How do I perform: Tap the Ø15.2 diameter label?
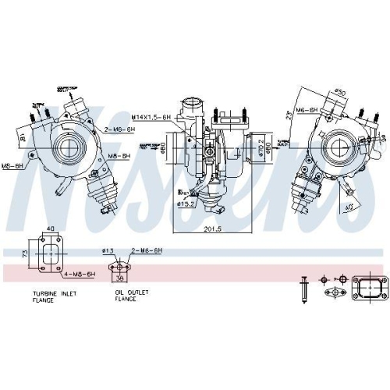pos(185,204)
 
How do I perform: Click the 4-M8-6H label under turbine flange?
pos(80,275)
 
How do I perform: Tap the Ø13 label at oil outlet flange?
pos(108,250)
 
